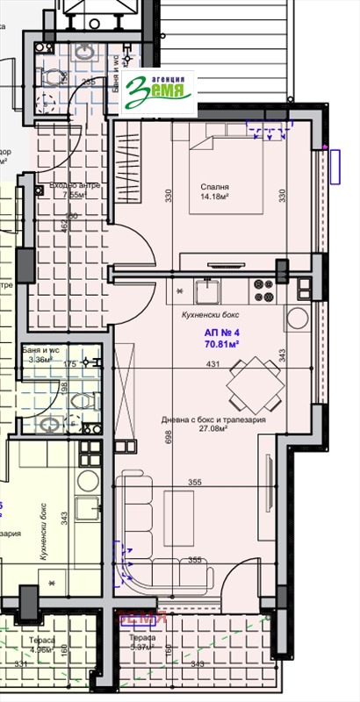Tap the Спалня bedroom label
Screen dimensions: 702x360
click(x=214, y=187)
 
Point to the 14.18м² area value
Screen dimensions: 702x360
click(x=215, y=197)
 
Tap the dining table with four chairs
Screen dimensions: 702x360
click(x=250, y=381)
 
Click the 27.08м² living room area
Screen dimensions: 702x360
click(x=214, y=430)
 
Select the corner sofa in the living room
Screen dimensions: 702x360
click(x=149, y=535)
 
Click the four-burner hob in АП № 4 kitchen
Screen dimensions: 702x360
click(x=263, y=284)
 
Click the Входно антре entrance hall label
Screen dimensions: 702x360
click(x=71, y=187)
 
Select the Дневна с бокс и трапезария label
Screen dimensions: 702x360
click(x=212, y=420)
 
